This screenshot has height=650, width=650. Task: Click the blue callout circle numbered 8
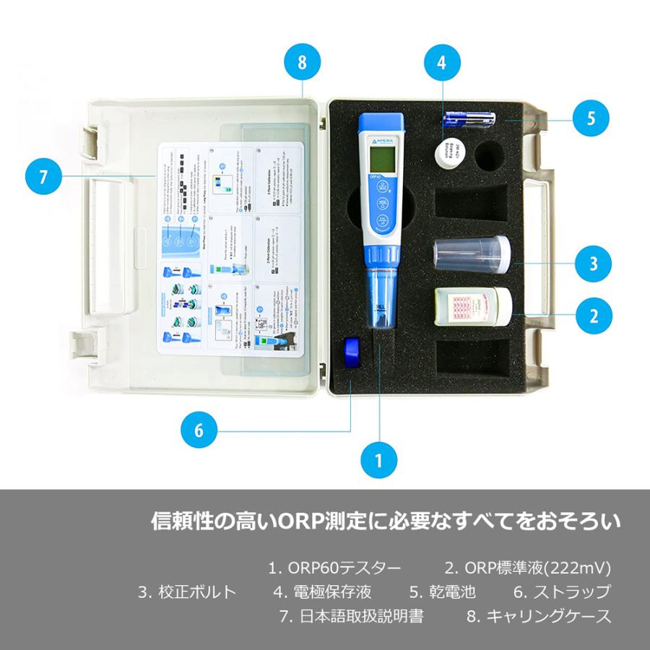(x=302, y=62)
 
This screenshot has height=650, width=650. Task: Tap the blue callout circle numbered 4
(x=441, y=62)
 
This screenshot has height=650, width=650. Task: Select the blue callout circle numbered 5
(x=591, y=118)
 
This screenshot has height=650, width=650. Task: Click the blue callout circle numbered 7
(x=43, y=175)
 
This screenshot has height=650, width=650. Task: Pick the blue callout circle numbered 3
(x=593, y=263)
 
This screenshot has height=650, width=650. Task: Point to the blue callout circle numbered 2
(x=593, y=315)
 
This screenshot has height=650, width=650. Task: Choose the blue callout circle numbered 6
(x=199, y=431)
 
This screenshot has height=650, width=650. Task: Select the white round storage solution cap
(x=451, y=153)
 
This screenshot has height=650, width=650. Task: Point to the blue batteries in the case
(x=469, y=118)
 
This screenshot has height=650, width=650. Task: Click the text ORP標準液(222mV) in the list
(x=528, y=568)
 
